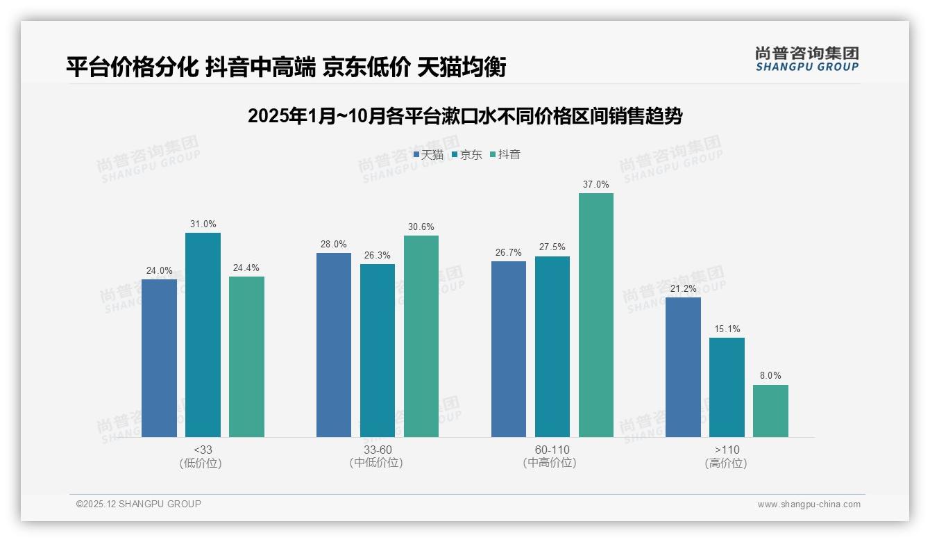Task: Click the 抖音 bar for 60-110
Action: tap(596, 315)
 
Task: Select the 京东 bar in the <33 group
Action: tap(203, 334)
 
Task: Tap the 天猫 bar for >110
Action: tap(683, 367)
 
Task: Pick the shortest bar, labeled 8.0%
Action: tap(770, 411)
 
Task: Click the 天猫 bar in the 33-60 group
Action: tap(334, 345)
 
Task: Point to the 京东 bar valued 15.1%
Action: tap(727, 387)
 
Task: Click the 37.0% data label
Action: tap(596, 185)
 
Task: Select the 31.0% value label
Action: tap(203, 224)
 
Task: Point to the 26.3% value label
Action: tap(378, 256)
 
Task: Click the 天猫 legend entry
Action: tap(428, 155)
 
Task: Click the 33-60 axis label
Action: tap(378, 450)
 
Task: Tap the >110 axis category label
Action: tap(727, 450)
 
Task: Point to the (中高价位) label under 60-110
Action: tap(552, 463)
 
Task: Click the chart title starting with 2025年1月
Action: tap(465, 116)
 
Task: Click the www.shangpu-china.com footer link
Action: tap(809, 504)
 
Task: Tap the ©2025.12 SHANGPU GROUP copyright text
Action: tap(139, 504)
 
